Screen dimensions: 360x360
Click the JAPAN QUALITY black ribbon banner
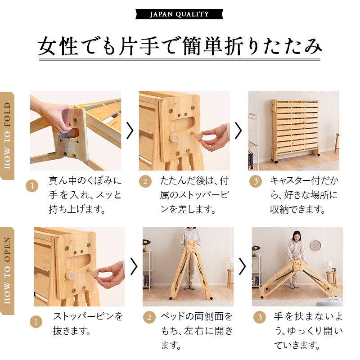179,14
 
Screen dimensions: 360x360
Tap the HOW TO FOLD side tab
7,135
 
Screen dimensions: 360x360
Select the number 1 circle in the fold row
32,185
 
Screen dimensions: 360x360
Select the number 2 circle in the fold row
145,181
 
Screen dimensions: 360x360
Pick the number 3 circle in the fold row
255,181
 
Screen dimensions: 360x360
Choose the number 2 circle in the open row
149,317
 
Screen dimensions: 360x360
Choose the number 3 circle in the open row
259,317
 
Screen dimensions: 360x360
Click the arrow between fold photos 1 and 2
130,130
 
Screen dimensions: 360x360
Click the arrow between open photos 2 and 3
242,266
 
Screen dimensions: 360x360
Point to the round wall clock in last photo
315,246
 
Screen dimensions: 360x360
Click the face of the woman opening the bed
297,236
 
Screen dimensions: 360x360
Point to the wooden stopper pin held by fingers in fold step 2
197,135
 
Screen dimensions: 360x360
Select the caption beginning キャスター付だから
304,195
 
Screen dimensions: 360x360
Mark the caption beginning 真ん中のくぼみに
85,195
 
